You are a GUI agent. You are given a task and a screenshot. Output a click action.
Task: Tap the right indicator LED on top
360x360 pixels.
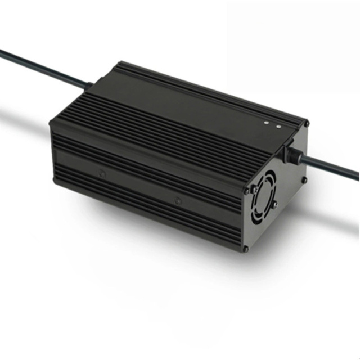coord(278,125)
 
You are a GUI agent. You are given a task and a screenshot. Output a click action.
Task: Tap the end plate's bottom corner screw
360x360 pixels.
coord(245,248)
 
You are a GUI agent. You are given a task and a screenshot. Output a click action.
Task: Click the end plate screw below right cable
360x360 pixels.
coord(304,181)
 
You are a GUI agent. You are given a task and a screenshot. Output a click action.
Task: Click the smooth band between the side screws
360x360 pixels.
coord(141,186)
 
